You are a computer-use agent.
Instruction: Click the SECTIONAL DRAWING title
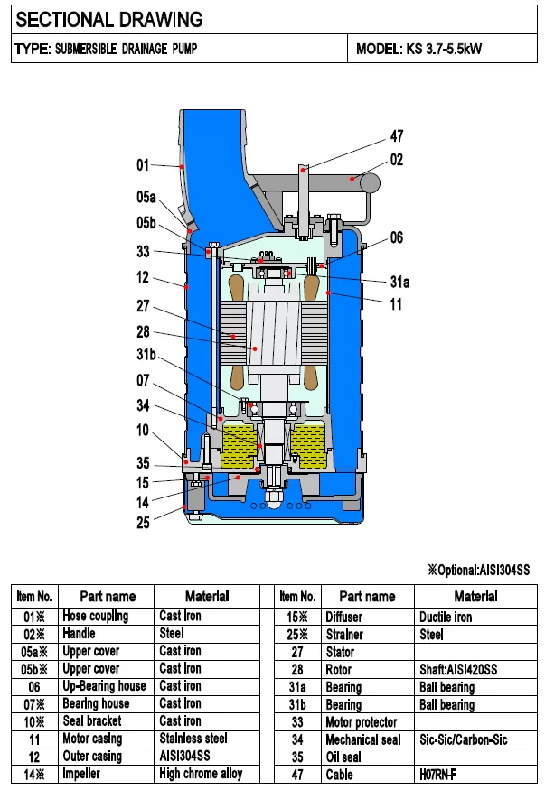click(109, 19)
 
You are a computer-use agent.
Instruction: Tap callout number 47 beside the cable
click(396, 136)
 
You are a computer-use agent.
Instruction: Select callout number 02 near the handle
click(396, 160)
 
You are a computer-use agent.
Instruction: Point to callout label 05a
click(146, 197)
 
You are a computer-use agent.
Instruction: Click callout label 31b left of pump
click(146, 354)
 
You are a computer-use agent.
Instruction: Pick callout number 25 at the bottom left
click(143, 523)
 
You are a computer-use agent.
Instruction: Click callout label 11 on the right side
click(396, 304)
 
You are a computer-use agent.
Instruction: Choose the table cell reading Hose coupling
click(95, 616)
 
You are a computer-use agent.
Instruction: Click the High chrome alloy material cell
click(201, 774)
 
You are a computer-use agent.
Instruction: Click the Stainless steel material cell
click(193, 739)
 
